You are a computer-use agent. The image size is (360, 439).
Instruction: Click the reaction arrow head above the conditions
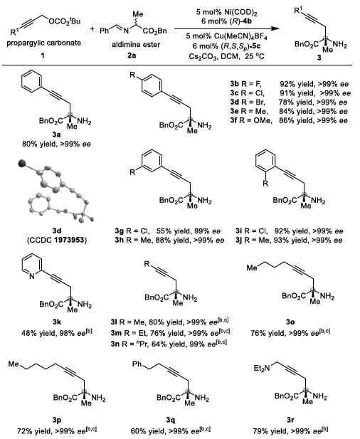pyautogui.click(x=275, y=28)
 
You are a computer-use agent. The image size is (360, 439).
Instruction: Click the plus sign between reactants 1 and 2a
pyautogui.click(x=92, y=28)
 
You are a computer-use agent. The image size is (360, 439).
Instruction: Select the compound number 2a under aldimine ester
pyautogui.click(x=132, y=55)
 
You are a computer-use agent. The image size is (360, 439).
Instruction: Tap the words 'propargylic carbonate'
pyautogui.click(x=43, y=43)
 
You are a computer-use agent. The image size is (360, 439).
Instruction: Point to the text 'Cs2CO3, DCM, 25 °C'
pyautogui.click(x=226, y=56)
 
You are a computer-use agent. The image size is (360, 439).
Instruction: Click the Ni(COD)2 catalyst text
pyautogui.click(x=226, y=13)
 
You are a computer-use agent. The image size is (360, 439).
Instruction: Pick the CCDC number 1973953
pyautogui.click(x=70, y=240)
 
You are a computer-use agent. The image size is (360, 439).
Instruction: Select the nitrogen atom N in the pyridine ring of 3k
pyautogui.click(x=32, y=276)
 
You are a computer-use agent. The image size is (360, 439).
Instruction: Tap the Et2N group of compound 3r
pyautogui.click(x=262, y=368)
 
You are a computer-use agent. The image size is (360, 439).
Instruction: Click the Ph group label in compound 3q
pyautogui.click(x=137, y=364)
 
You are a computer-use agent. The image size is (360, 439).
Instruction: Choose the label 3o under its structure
pyautogui.click(x=290, y=322)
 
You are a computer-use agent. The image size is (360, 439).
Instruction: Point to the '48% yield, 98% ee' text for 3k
pyautogui.click(x=56, y=332)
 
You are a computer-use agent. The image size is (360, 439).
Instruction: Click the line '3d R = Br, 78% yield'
pyautogui.click(x=288, y=102)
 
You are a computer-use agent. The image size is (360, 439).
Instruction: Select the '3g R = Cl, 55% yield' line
pyautogui.click(x=168, y=231)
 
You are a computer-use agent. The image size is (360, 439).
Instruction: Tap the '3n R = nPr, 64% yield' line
pyautogui.click(x=169, y=344)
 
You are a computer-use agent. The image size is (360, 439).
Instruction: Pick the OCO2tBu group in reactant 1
pyautogui.click(x=64, y=21)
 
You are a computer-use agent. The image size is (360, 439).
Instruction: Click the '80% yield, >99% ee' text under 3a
pyautogui.click(x=56, y=144)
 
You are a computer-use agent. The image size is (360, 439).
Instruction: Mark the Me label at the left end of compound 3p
pyautogui.click(x=14, y=364)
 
